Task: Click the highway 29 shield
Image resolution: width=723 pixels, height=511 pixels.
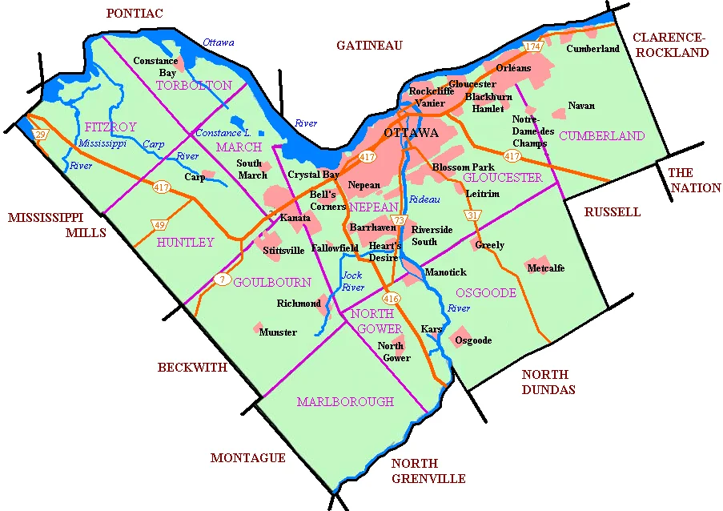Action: [41, 135]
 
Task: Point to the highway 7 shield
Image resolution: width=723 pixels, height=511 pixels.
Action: [222, 280]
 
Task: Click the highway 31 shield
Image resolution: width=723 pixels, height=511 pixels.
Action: [472, 215]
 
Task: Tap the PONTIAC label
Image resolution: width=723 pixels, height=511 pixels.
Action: [135, 13]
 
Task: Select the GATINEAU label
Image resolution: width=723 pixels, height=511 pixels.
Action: [369, 46]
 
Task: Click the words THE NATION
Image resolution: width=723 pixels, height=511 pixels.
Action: [694, 180]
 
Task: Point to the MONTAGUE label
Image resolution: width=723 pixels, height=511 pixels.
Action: [247, 458]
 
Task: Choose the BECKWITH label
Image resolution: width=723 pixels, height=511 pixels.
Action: [192, 368]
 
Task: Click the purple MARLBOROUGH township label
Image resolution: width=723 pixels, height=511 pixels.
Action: [345, 401]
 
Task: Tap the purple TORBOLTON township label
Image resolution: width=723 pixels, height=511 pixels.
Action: [194, 85]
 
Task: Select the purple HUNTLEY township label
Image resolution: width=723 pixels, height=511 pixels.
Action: [186, 242]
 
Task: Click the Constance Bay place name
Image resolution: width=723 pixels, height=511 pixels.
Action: [155, 66]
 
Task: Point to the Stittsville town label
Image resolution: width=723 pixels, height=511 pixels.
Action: [283, 250]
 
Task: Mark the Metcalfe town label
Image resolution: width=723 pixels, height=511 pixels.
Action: [546, 268]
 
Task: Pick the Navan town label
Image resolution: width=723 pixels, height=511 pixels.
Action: [581, 106]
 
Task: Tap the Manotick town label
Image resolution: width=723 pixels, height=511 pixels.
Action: [445, 272]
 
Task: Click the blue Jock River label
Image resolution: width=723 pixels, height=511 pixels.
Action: [352, 281]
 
